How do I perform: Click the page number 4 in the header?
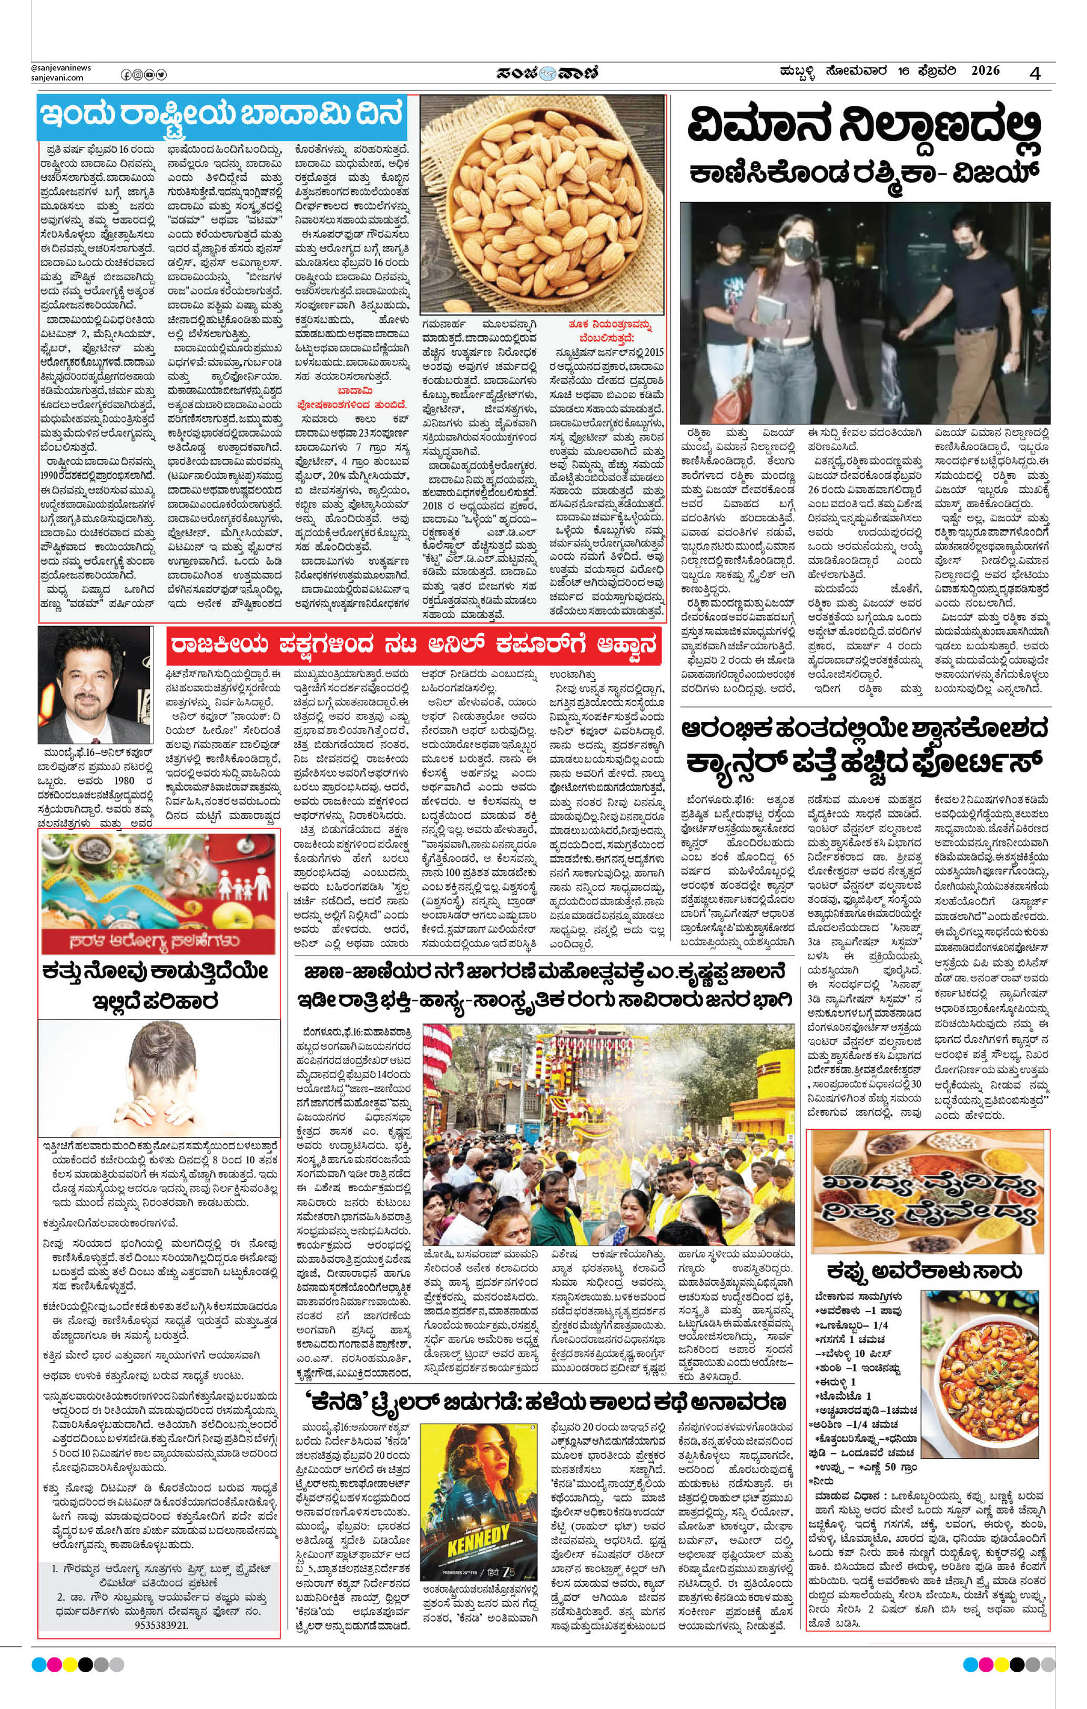click(1035, 73)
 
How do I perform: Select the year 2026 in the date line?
click(985, 71)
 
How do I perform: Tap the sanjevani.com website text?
click(57, 78)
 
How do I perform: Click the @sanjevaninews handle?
click(61, 68)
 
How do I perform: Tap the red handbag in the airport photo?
click(732, 401)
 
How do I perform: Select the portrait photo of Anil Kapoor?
click(95, 685)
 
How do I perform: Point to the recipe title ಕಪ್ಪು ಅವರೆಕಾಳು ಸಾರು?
click(925, 1270)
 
